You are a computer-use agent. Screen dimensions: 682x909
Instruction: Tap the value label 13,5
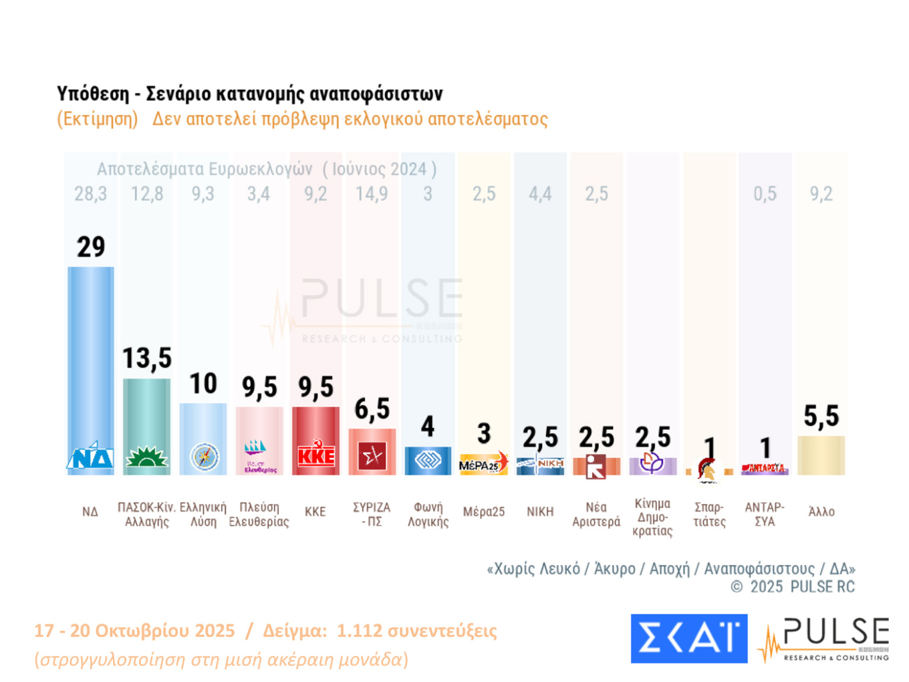(x=147, y=358)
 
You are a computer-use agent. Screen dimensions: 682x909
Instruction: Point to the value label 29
(x=91, y=247)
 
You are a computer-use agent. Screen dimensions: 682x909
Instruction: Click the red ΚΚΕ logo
(x=315, y=456)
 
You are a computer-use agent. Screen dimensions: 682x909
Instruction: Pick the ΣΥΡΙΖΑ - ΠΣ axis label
(x=372, y=514)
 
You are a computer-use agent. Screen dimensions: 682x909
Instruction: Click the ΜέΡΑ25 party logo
(x=483, y=463)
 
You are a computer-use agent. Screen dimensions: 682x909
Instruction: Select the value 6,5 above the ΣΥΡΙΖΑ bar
(x=372, y=409)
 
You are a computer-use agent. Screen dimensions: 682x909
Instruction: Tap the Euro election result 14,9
(x=372, y=194)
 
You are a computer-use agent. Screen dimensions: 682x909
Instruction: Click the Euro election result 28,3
(x=90, y=194)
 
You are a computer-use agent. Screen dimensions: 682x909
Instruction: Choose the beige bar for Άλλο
(x=821, y=455)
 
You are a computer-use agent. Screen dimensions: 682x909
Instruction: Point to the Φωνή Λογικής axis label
(x=428, y=514)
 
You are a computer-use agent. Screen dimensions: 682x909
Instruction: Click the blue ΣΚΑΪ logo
(x=688, y=638)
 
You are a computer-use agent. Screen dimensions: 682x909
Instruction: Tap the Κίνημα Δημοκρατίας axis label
(x=652, y=517)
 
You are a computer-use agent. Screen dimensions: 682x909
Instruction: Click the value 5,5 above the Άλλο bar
(x=821, y=417)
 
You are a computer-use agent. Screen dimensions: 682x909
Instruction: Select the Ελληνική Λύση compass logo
(x=204, y=457)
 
